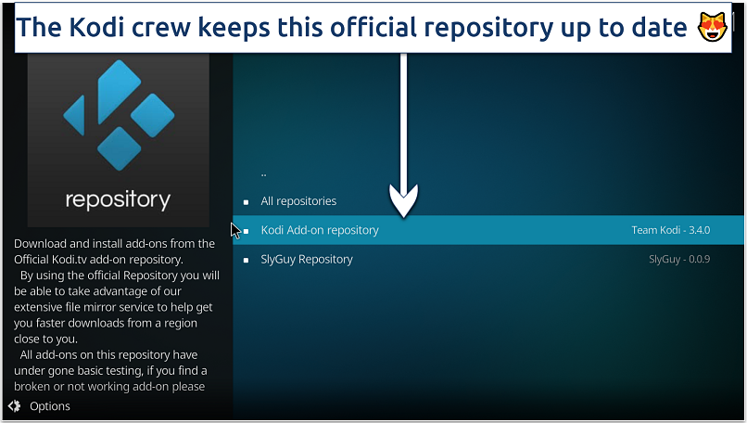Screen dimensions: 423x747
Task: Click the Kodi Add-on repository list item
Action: [x=320, y=230]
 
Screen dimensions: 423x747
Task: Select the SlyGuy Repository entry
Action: [x=307, y=259]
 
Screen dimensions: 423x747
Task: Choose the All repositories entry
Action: [x=298, y=201]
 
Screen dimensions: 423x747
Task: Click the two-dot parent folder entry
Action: [x=264, y=173]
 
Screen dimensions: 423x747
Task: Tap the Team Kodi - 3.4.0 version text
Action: [x=672, y=230]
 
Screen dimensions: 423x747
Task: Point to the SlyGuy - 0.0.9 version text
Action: [x=679, y=259]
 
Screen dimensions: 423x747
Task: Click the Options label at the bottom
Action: [x=50, y=405]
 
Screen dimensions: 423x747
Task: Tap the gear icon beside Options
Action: [x=14, y=405]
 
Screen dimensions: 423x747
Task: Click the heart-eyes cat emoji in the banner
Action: [x=711, y=28]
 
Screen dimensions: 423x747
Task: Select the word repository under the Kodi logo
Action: [x=118, y=199]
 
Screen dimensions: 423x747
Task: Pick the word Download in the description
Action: [x=43, y=244]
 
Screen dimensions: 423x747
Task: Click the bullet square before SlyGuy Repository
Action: [x=246, y=260]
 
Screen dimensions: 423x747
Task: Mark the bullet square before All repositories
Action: [x=246, y=201]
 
